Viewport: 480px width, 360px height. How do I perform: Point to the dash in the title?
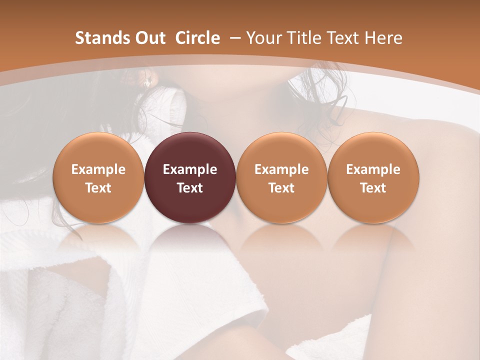(234, 38)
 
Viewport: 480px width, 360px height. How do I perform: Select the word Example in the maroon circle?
(190, 169)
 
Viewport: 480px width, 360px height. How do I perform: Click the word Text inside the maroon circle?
(190, 188)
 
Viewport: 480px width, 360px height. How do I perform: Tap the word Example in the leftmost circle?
(98, 169)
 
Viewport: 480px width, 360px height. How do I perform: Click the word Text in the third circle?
(281, 188)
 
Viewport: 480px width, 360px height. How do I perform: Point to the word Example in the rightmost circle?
(373, 169)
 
